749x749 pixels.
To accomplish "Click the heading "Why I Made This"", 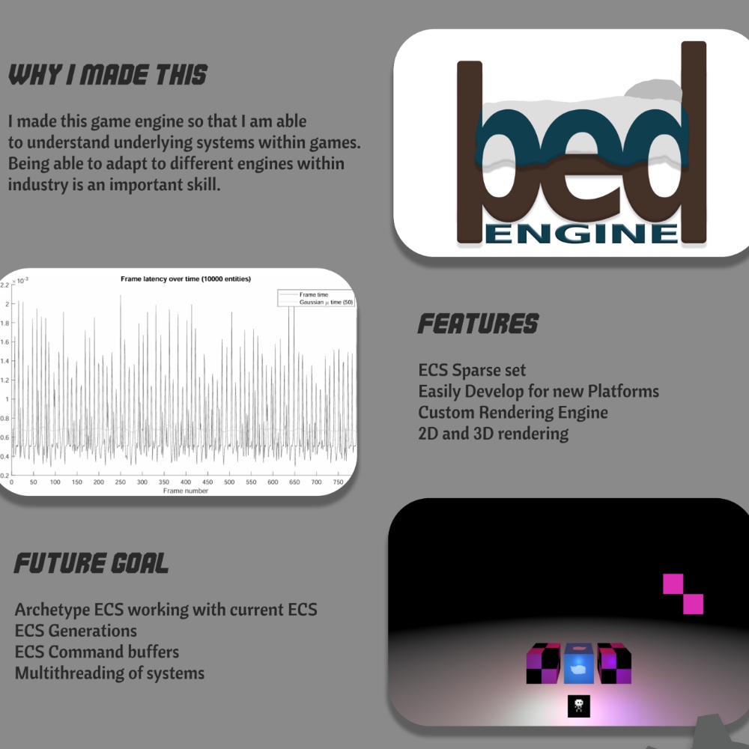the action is (108, 74).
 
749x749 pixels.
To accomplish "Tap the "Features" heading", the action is (478, 324).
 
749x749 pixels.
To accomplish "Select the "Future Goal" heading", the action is (91, 562).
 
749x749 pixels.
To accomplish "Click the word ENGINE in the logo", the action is (582, 234).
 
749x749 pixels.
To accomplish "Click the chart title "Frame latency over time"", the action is (185, 279).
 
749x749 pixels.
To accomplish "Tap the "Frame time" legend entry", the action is (313, 294).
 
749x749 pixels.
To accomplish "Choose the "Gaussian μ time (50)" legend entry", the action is (326, 303).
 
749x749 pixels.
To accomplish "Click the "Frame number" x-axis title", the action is (185, 491).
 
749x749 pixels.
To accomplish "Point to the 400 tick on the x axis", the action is (185, 482).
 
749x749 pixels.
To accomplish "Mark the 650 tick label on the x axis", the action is (294, 482).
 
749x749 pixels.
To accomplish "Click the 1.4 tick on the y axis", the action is (4, 361).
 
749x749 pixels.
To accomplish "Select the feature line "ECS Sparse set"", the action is (472, 370).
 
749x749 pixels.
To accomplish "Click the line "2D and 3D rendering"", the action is (494, 434).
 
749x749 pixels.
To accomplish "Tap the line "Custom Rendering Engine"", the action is (513, 413).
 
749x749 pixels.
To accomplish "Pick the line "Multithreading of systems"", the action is (109, 673).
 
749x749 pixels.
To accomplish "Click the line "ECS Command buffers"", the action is (97, 652).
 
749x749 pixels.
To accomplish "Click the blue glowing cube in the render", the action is (579, 664).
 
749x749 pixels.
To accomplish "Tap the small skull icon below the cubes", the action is (578, 706).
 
